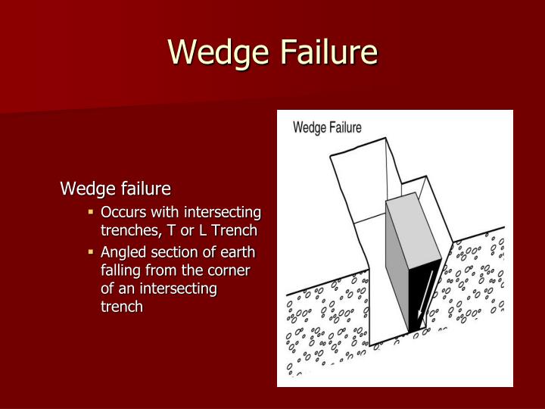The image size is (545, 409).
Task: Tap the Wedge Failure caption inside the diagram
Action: (x=327, y=127)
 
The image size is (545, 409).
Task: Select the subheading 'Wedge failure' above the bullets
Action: (x=116, y=188)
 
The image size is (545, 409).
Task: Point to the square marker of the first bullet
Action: (x=90, y=211)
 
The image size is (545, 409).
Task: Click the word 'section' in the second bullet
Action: (x=178, y=252)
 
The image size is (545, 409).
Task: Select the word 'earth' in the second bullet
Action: (x=238, y=252)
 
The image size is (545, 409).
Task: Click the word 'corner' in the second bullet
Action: (x=229, y=270)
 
